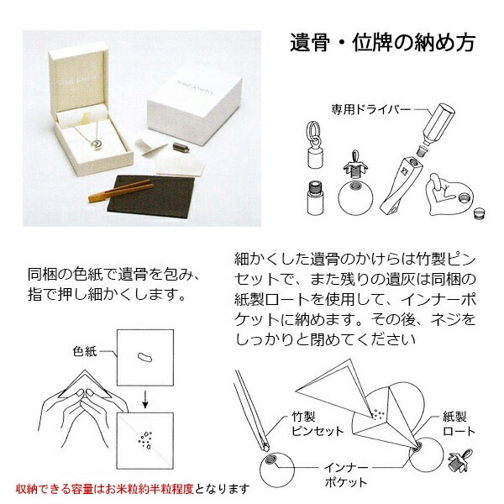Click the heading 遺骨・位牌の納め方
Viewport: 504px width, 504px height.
point(382,42)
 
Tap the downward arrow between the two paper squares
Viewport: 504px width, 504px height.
point(144,396)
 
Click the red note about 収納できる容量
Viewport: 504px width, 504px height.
point(133,488)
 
